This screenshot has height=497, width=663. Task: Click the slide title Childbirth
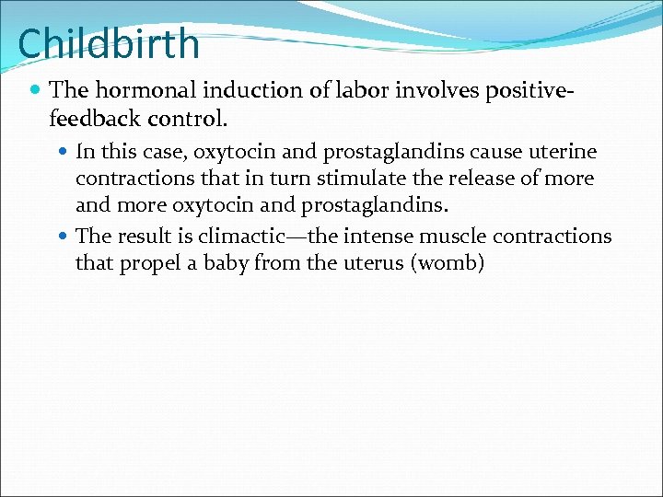[109, 44]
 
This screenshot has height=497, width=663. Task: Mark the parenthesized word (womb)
[448, 264]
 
